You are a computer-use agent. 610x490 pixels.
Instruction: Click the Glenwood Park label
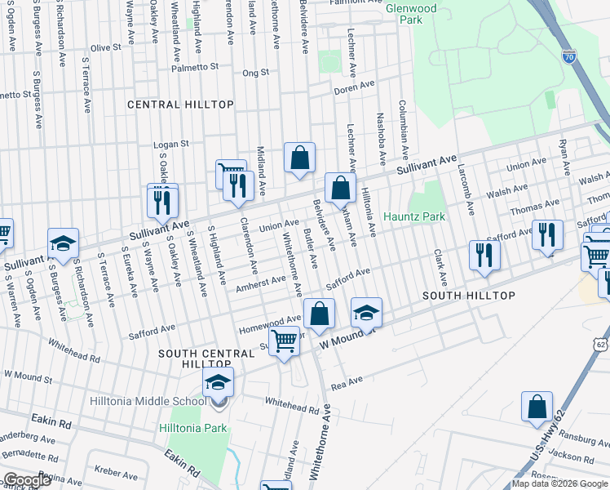click(x=411, y=14)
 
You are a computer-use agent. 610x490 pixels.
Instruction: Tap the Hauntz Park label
click(x=415, y=217)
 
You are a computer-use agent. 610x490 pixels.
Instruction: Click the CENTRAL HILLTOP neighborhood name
click(x=180, y=105)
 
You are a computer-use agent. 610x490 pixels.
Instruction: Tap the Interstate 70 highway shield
click(x=568, y=57)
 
